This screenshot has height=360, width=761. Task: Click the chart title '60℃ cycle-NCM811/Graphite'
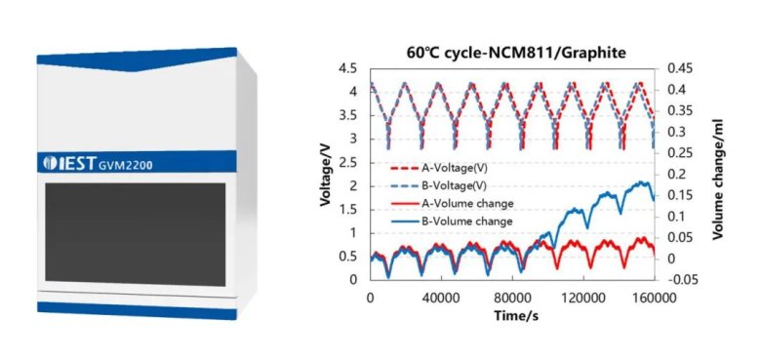516,54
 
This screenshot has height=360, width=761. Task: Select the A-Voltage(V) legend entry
439,169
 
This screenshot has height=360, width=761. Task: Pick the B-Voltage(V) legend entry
438,185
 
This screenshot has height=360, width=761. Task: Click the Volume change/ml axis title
718,180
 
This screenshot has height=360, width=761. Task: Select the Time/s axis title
516,315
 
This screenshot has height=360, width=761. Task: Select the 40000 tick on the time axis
441,298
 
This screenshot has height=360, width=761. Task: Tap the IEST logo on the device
70,163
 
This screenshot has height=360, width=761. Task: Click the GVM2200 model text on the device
126,165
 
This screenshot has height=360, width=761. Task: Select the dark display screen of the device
136,234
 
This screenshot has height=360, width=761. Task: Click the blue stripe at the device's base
137,310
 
